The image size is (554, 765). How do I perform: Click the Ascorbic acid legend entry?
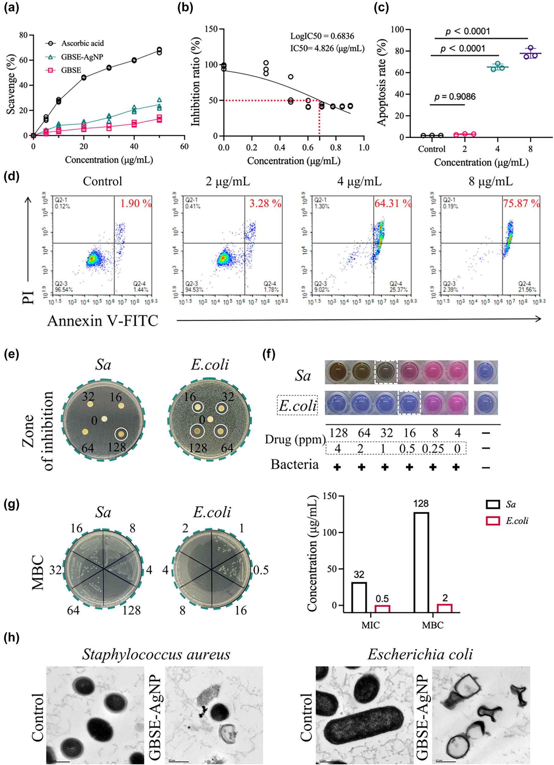click(82, 43)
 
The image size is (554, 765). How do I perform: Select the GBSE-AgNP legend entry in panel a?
click(82, 57)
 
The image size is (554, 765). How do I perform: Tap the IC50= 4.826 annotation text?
click(327, 49)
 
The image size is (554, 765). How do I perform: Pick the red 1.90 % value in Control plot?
click(136, 203)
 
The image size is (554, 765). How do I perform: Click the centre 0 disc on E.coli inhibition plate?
click(210, 419)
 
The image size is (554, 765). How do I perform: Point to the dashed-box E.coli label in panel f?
click(297, 405)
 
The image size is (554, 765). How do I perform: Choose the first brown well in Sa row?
click(337, 372)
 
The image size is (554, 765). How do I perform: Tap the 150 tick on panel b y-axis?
click(210, 29)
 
